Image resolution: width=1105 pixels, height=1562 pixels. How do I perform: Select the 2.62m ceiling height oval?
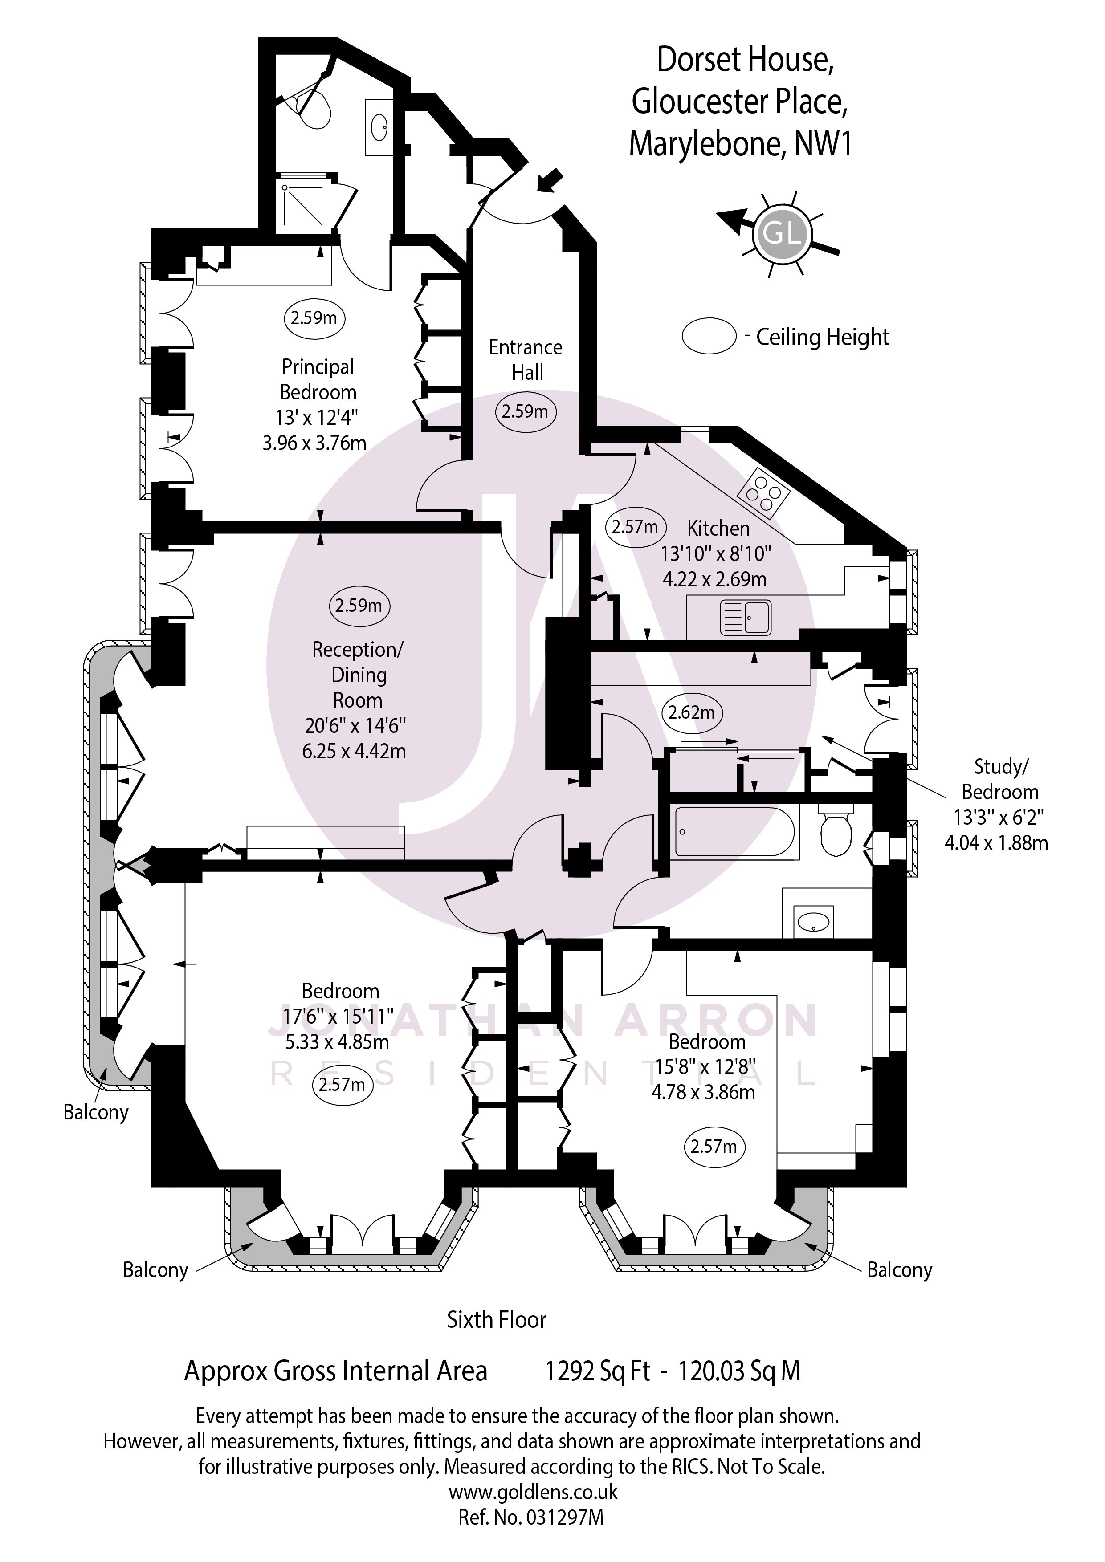click(691, 712)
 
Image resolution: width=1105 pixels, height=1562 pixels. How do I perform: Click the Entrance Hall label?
click(526, 360)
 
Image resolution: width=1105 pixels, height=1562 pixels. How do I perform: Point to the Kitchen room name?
click(718, 528)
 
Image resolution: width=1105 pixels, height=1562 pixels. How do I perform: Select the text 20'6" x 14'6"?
click(355, 725)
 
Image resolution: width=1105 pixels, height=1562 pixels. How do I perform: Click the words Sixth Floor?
click(496, 1339)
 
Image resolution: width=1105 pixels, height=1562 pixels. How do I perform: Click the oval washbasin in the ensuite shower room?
click(379, 126)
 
